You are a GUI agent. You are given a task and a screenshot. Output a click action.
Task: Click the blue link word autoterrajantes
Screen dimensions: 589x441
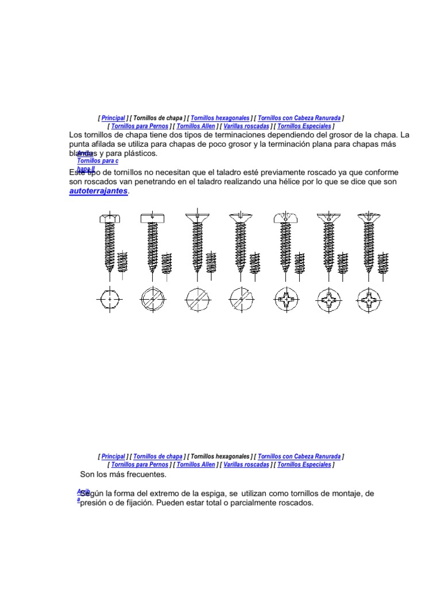point(98,191)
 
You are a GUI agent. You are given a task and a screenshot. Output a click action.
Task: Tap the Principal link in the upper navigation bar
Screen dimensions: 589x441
point(113,118)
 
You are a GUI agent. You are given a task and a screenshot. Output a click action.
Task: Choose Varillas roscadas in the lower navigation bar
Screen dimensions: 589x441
point(246,464)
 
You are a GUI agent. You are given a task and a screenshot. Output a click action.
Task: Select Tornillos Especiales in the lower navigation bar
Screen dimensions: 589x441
point(304,464)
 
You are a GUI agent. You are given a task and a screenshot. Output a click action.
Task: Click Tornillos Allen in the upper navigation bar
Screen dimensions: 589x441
point(196,126)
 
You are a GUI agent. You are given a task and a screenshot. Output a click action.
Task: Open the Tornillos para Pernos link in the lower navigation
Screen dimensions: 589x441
point(140,464)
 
